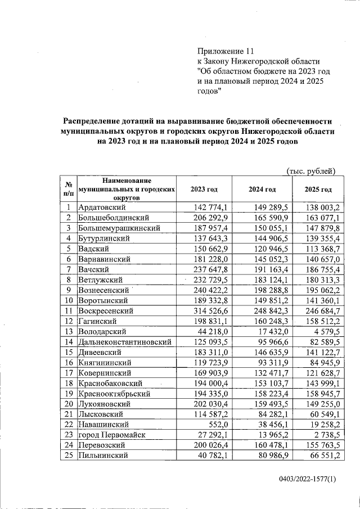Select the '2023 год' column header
pos(204,189)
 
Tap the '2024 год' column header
pos(262,189)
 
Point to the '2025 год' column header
pos(318,189)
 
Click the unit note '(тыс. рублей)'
pos(311,170)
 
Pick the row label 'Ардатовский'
pos(101,207)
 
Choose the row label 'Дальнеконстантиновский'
pos(124,341)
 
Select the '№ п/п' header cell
pos(67,189)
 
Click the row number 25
pos(67,455)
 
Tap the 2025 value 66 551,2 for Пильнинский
pos(323,455)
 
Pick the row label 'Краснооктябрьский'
pos(113,393)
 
